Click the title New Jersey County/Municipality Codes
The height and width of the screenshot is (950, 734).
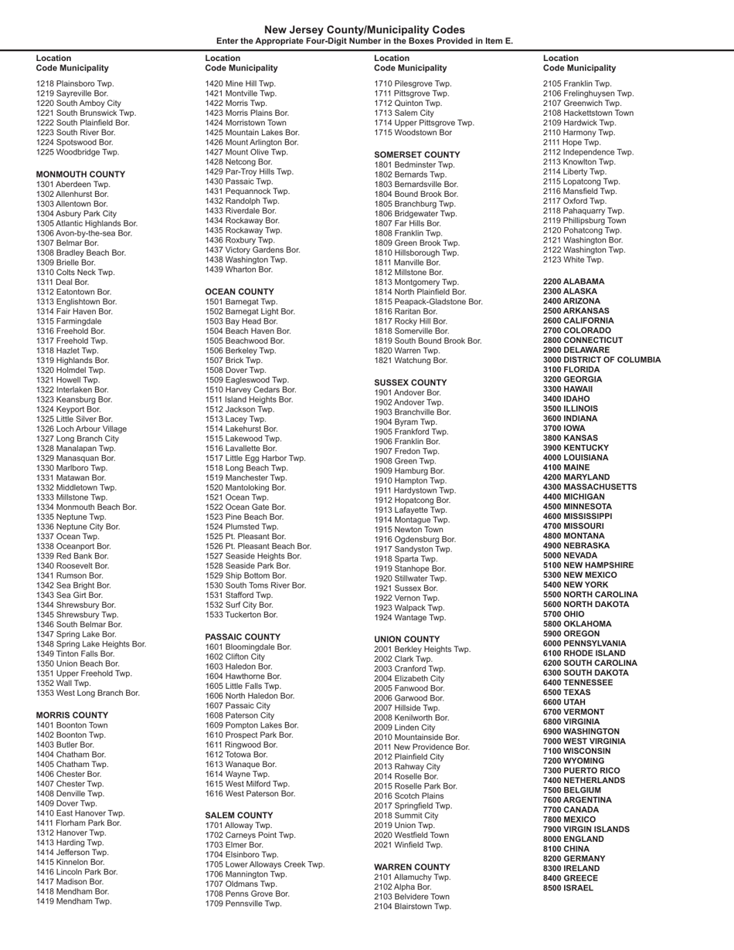pos(365,30)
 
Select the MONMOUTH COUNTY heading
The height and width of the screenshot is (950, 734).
pos(80,175)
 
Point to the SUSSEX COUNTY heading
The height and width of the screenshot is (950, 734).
pos(410,383)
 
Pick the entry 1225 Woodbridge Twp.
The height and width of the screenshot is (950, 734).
pos(78,152)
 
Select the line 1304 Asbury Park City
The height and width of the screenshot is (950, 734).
pos(76,214)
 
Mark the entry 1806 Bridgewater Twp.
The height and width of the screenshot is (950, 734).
pos(416,213)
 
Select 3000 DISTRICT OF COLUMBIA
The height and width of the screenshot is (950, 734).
pos(602,360)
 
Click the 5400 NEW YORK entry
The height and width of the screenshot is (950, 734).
pos(576,585)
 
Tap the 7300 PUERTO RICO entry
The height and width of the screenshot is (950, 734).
pos(582,771)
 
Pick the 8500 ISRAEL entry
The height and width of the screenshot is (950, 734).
pos(569,887)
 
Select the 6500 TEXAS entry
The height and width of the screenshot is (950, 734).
pos(566,693)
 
